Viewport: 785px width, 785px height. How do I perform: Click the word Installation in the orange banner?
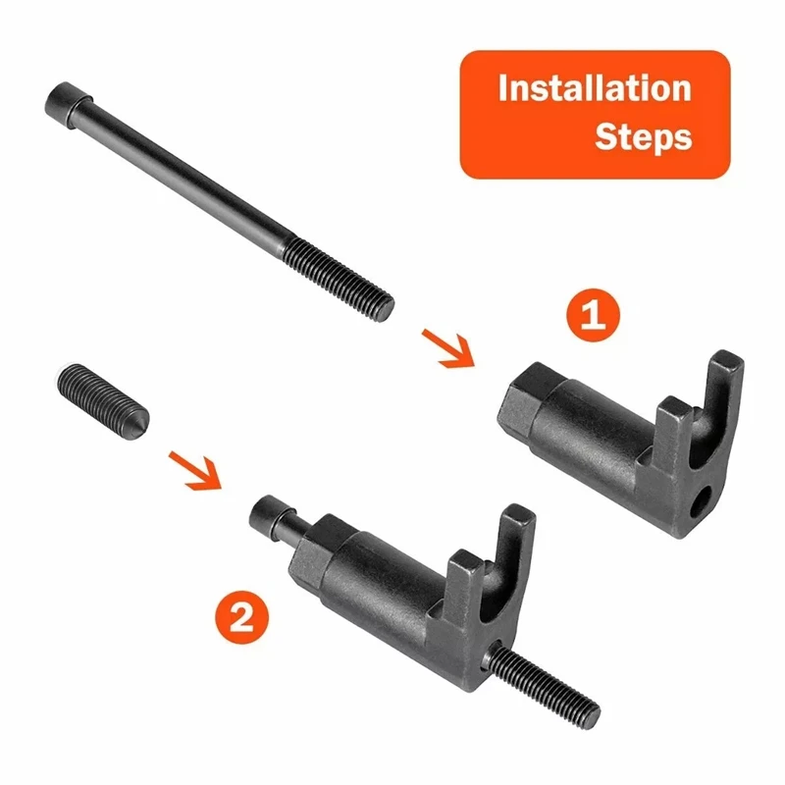(595, 88)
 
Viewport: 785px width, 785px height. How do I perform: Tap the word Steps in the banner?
(643, 136)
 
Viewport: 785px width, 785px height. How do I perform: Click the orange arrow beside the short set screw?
(195, 468)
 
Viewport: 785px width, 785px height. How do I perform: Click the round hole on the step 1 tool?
(704, 506)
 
